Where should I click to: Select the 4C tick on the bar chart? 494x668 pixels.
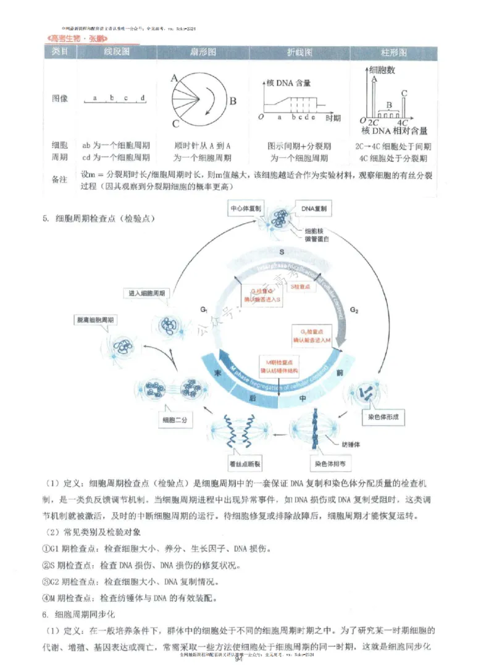pyautogui.click(x=402, y=122)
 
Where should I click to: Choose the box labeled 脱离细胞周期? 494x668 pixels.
pyautogui.click(x=98, y=319)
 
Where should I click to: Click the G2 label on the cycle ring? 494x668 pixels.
pyautogui.click(x=354, y=309)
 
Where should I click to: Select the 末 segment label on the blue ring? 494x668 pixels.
pyautogui.click(x=217, y=374)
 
